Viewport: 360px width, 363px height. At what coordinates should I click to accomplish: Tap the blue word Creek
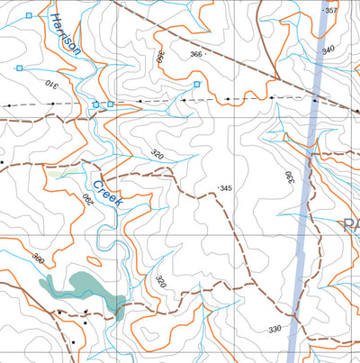(107, 191)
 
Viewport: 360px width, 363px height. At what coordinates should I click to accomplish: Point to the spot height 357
(330, 11)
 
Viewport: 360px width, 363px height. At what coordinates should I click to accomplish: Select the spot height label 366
(195, 54)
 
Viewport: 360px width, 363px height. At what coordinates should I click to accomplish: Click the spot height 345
(226, 187)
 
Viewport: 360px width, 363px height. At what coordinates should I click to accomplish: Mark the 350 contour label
(161, 56)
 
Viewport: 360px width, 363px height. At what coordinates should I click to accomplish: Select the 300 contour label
(38, 259)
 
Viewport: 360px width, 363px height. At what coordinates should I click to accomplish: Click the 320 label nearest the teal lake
(160, 282)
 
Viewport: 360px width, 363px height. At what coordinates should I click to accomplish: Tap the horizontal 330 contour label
(274, 330)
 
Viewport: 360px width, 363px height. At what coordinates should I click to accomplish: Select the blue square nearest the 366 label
(197, 84)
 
